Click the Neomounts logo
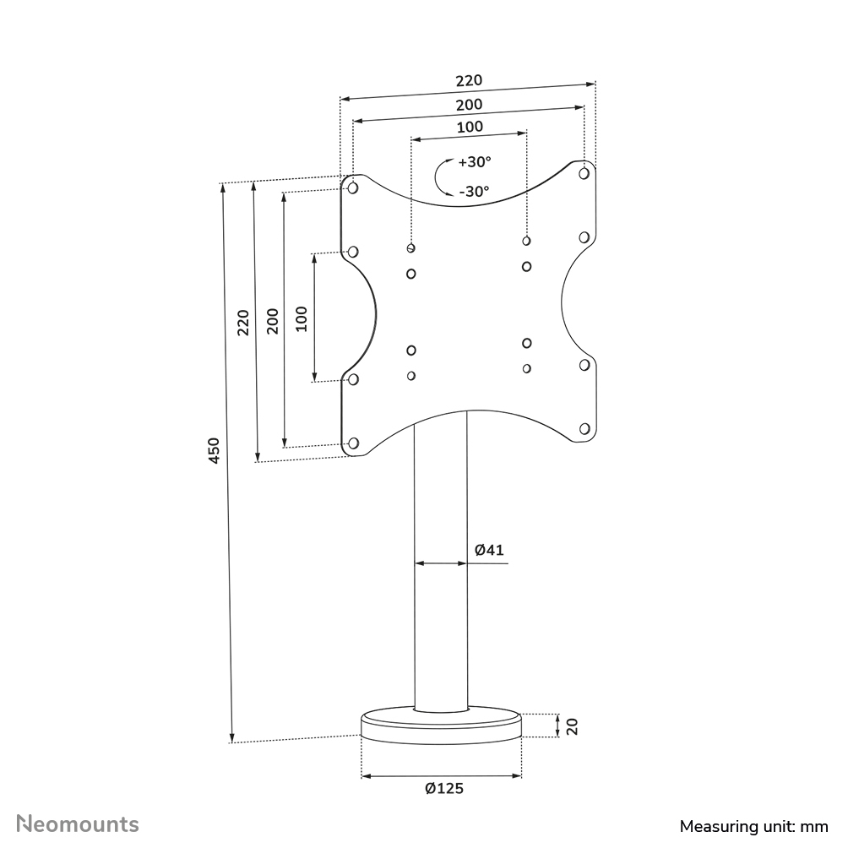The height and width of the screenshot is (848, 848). [79, 824]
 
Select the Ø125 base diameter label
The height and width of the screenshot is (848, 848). [444, 789]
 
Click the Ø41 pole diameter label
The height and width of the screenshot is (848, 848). [489, 550]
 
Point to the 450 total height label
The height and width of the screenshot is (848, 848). [215, 450]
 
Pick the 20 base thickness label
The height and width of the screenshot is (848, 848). [572, 726]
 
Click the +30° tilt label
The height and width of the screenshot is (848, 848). [475, 161]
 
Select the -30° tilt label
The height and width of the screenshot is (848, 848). [474, 192]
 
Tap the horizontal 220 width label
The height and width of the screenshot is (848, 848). [469, 81]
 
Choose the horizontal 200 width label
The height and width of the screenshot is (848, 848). [470, 105]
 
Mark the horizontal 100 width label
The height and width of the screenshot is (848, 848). [470, 128]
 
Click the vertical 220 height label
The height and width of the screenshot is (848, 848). [244, 323]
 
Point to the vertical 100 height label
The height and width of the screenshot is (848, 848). [302, 318]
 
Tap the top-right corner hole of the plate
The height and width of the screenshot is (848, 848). [584, 173]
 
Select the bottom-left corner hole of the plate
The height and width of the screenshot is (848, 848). [353, 443]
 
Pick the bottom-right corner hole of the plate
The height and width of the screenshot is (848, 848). [584, 428]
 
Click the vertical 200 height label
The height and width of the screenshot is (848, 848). [273, 321]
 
